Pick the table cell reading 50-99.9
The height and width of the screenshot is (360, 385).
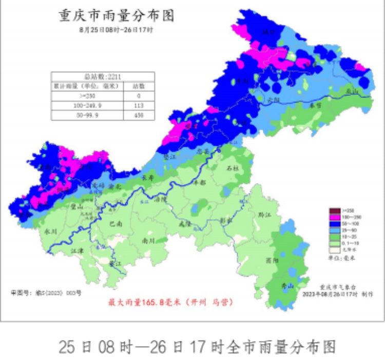click(x=86, y=115)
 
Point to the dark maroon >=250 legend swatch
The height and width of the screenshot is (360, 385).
click(x=334, y=211)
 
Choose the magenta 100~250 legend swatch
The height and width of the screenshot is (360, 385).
click(x=334, y=217)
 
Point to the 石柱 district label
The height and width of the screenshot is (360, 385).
click(x=233, y=168)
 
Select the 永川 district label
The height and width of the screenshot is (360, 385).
click(x=50, y=232)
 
